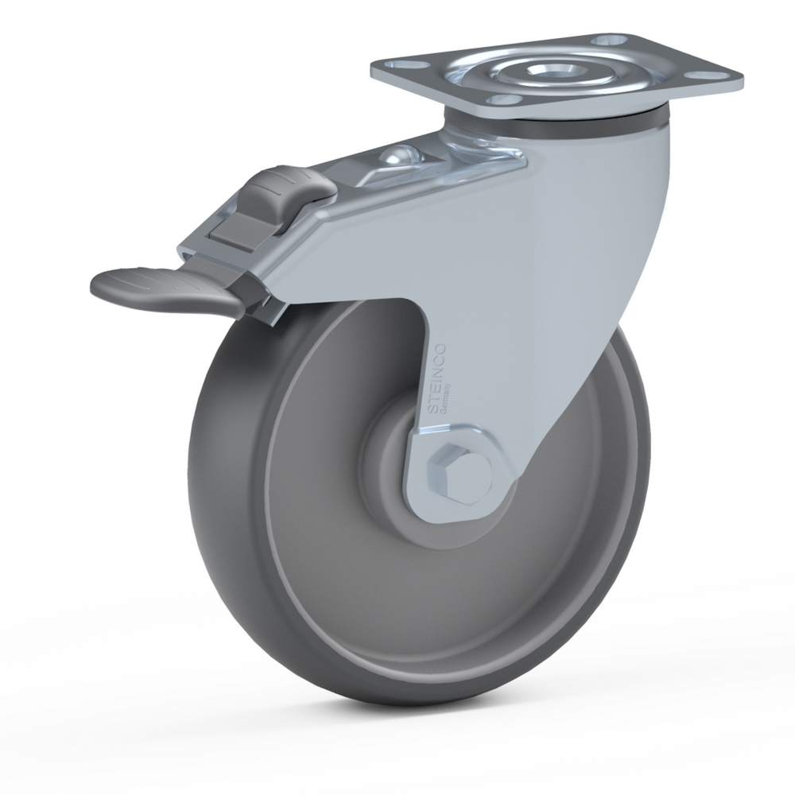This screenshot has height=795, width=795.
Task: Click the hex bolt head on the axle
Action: click(460, 474)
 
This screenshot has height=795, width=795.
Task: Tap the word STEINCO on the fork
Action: click(437, 378)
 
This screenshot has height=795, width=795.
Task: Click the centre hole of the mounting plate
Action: click(549, 69)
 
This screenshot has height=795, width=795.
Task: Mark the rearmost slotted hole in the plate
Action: click(610, 40)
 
